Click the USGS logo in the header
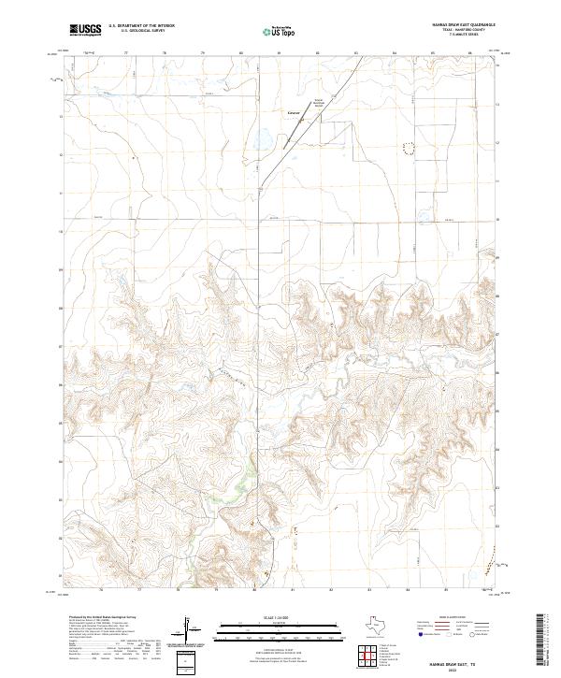click(x=85, y=30)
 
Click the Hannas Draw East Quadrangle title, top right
click(x=461, y=25)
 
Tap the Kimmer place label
click(x=294, y=117)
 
